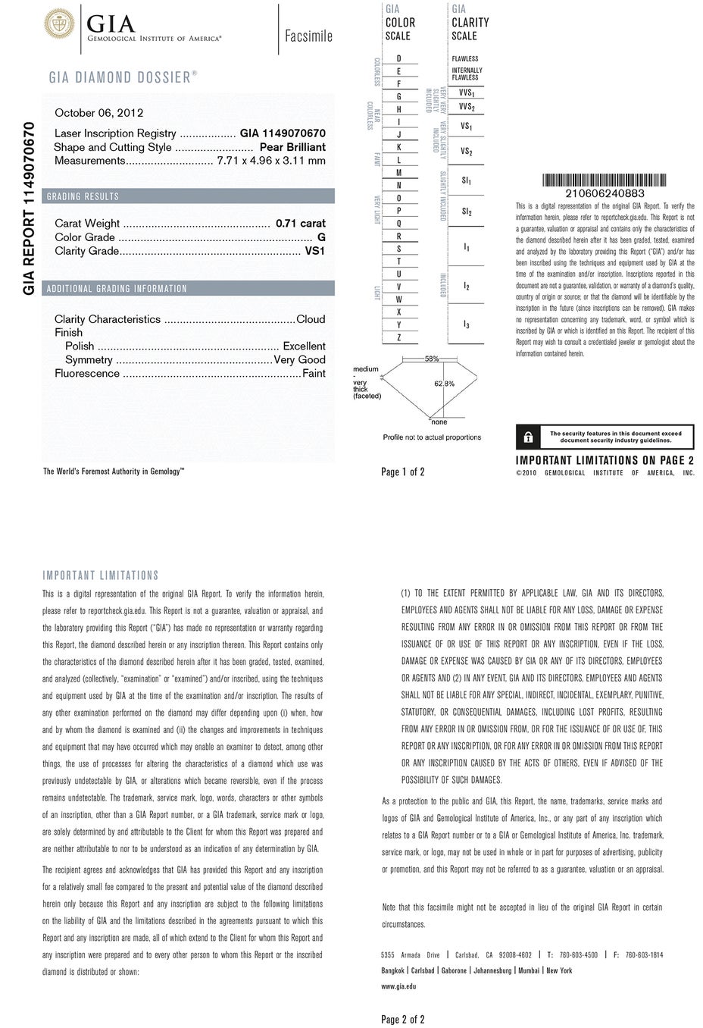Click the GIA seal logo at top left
58,24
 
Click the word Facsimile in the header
308,36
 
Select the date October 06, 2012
99,113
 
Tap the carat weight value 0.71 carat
301,223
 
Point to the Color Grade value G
321,237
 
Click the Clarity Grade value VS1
314,251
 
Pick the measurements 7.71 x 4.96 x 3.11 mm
271,161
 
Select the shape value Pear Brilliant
292,147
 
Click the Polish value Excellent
304,346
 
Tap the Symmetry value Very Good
299,359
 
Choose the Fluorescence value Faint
314,373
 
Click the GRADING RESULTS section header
83,196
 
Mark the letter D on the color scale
399,58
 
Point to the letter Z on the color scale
399,337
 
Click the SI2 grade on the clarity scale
467,212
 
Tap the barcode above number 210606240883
605,180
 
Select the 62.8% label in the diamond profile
444,384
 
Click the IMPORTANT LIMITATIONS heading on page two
101,575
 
